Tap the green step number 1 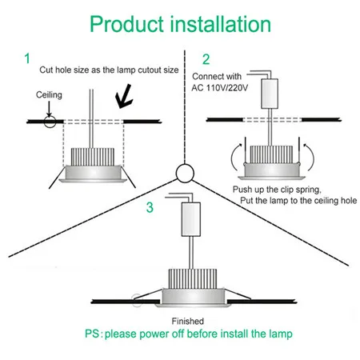point(28,58)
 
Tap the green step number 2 point(206,58)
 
